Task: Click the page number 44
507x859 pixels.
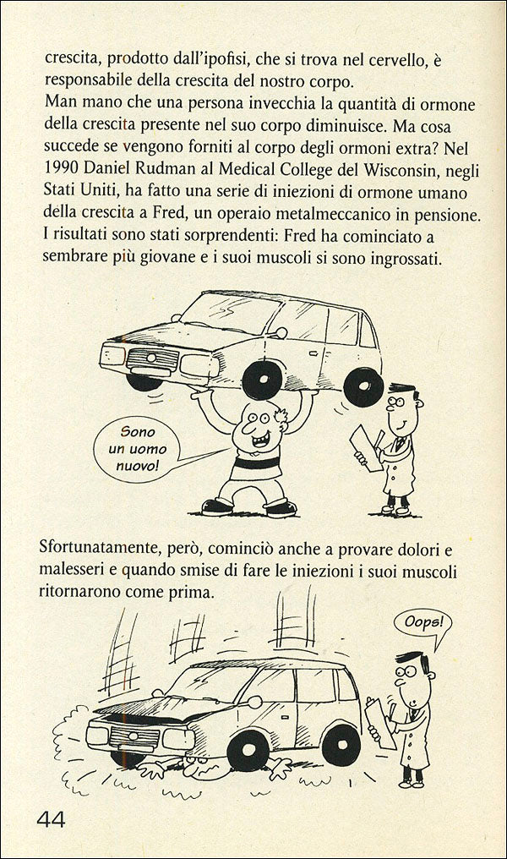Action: tap(51, 818)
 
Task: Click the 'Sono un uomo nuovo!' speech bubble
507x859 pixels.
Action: tap(137, 453)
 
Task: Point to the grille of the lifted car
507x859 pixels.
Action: tap(152, 358)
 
